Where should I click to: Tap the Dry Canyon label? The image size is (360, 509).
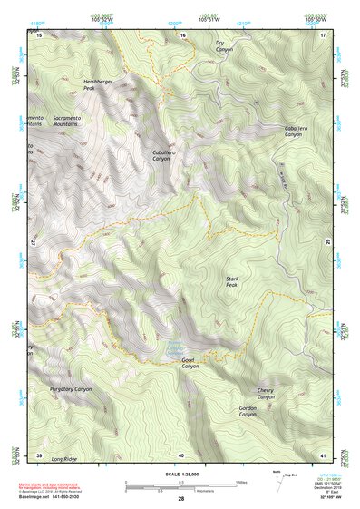tap(224, 46)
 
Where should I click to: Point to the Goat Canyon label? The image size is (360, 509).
tap(190, 363)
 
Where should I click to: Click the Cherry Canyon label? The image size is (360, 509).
tap(265, 395)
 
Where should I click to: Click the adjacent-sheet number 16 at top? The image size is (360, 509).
tap(181, 35)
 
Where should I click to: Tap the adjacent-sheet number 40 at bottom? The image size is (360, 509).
tap(181, 455)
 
